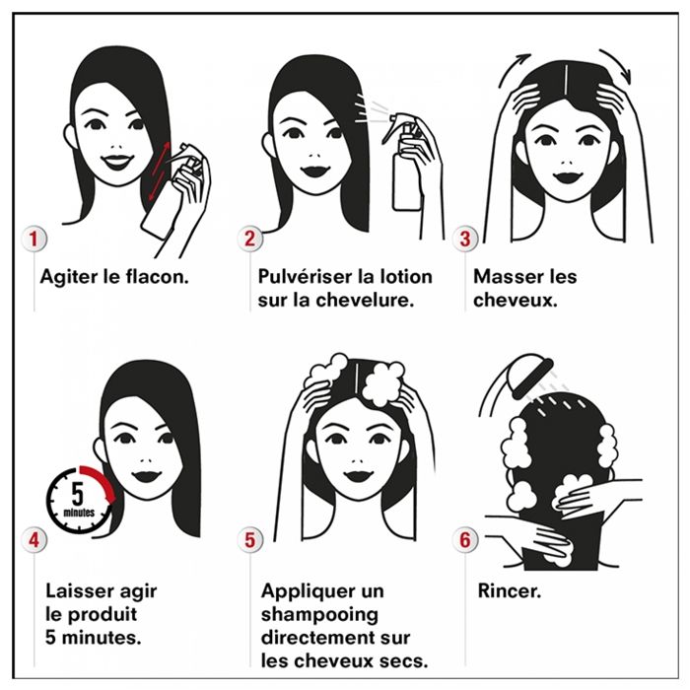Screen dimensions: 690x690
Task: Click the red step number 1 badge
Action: point(34,239)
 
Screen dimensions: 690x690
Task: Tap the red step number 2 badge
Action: point(249,239)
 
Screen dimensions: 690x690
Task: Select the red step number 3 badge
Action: point(465,239)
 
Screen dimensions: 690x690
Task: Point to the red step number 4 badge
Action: point(34,539)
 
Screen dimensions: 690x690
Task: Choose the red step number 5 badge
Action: point(249,539)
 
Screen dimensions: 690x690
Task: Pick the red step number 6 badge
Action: point(465,539)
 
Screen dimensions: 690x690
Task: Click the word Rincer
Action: point(510,591)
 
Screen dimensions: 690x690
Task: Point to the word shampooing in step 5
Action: point(319,615)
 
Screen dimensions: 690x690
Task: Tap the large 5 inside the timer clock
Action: point(78,494)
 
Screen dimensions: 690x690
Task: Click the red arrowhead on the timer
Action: point(110,497)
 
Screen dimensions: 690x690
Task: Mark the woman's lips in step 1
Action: point(117,161)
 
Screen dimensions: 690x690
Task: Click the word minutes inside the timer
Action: point(79,513)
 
